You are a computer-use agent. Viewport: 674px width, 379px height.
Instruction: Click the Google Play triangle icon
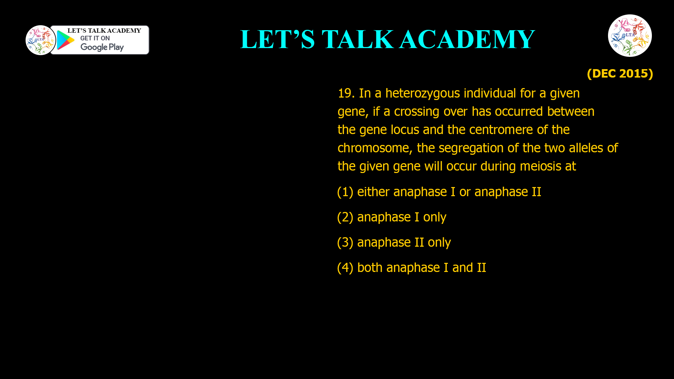(66, 40)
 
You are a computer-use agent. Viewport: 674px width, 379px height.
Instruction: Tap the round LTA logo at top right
(630, 35)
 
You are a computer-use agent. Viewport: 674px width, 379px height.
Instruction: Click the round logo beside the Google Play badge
(40, 40)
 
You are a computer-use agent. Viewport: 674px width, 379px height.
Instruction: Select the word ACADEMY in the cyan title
(467, 39)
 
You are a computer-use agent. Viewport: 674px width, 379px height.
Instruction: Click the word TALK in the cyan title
(357, 39)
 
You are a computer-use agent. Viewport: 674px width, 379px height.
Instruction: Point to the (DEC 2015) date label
(620, 73)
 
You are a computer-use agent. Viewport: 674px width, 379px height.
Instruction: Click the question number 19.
(346, 93)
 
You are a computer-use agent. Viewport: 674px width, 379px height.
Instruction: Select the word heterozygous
(422, 93)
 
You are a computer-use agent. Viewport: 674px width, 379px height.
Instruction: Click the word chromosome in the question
(375, 148)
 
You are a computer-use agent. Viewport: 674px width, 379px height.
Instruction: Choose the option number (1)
(345, 192)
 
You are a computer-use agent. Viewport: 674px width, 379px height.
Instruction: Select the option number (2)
(345, 217)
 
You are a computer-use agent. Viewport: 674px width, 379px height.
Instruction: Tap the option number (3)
(345, 242)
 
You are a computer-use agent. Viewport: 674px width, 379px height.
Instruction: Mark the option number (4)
(345, 268)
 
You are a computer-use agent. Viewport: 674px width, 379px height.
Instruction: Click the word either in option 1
(373, 192)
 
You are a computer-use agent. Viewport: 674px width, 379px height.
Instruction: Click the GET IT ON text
(95, 38)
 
